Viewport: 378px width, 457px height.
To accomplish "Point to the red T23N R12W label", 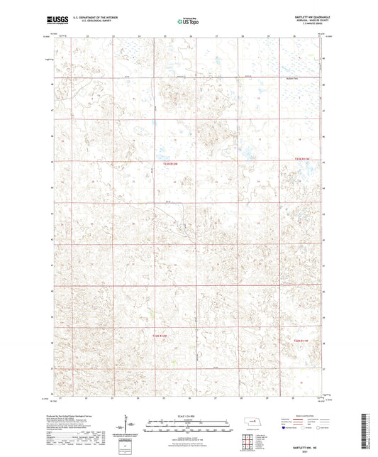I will click(164, 165).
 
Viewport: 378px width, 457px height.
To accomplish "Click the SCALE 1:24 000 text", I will click(188, 414).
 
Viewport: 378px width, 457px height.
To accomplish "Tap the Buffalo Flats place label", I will click(291, 73).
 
